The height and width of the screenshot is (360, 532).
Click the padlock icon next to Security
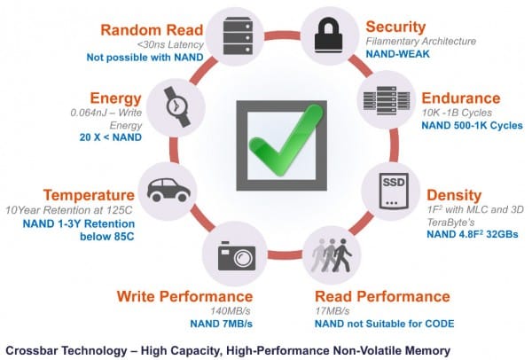(328, 35)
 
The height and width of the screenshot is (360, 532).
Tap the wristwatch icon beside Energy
(176, 107)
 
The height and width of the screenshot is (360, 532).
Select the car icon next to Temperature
(168, 190)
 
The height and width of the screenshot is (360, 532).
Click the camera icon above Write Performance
(237, 256)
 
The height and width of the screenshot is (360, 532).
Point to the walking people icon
(332, 255)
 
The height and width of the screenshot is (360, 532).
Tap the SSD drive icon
(393, 191)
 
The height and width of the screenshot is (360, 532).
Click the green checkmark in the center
(286, 140)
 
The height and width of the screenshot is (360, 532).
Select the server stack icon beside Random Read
(239, 35)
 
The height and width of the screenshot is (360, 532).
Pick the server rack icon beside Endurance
(387, 101)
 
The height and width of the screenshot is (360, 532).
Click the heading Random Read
(152, 30)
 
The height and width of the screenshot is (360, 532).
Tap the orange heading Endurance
(461, 98)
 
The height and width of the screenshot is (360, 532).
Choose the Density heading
(454, 195)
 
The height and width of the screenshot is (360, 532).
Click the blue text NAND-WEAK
(397, 54)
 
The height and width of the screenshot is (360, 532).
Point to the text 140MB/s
(231, 311)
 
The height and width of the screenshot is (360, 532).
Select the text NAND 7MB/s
(221, 324)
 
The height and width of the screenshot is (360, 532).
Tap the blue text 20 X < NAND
(111, 137)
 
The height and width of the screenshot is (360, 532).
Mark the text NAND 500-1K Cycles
(472, 126)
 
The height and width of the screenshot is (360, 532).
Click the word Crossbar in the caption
(33, 350)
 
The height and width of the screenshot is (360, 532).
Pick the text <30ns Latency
(170, 44)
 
